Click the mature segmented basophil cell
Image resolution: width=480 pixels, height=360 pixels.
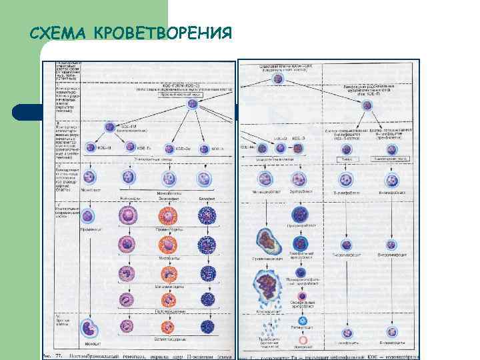point(207,327)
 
